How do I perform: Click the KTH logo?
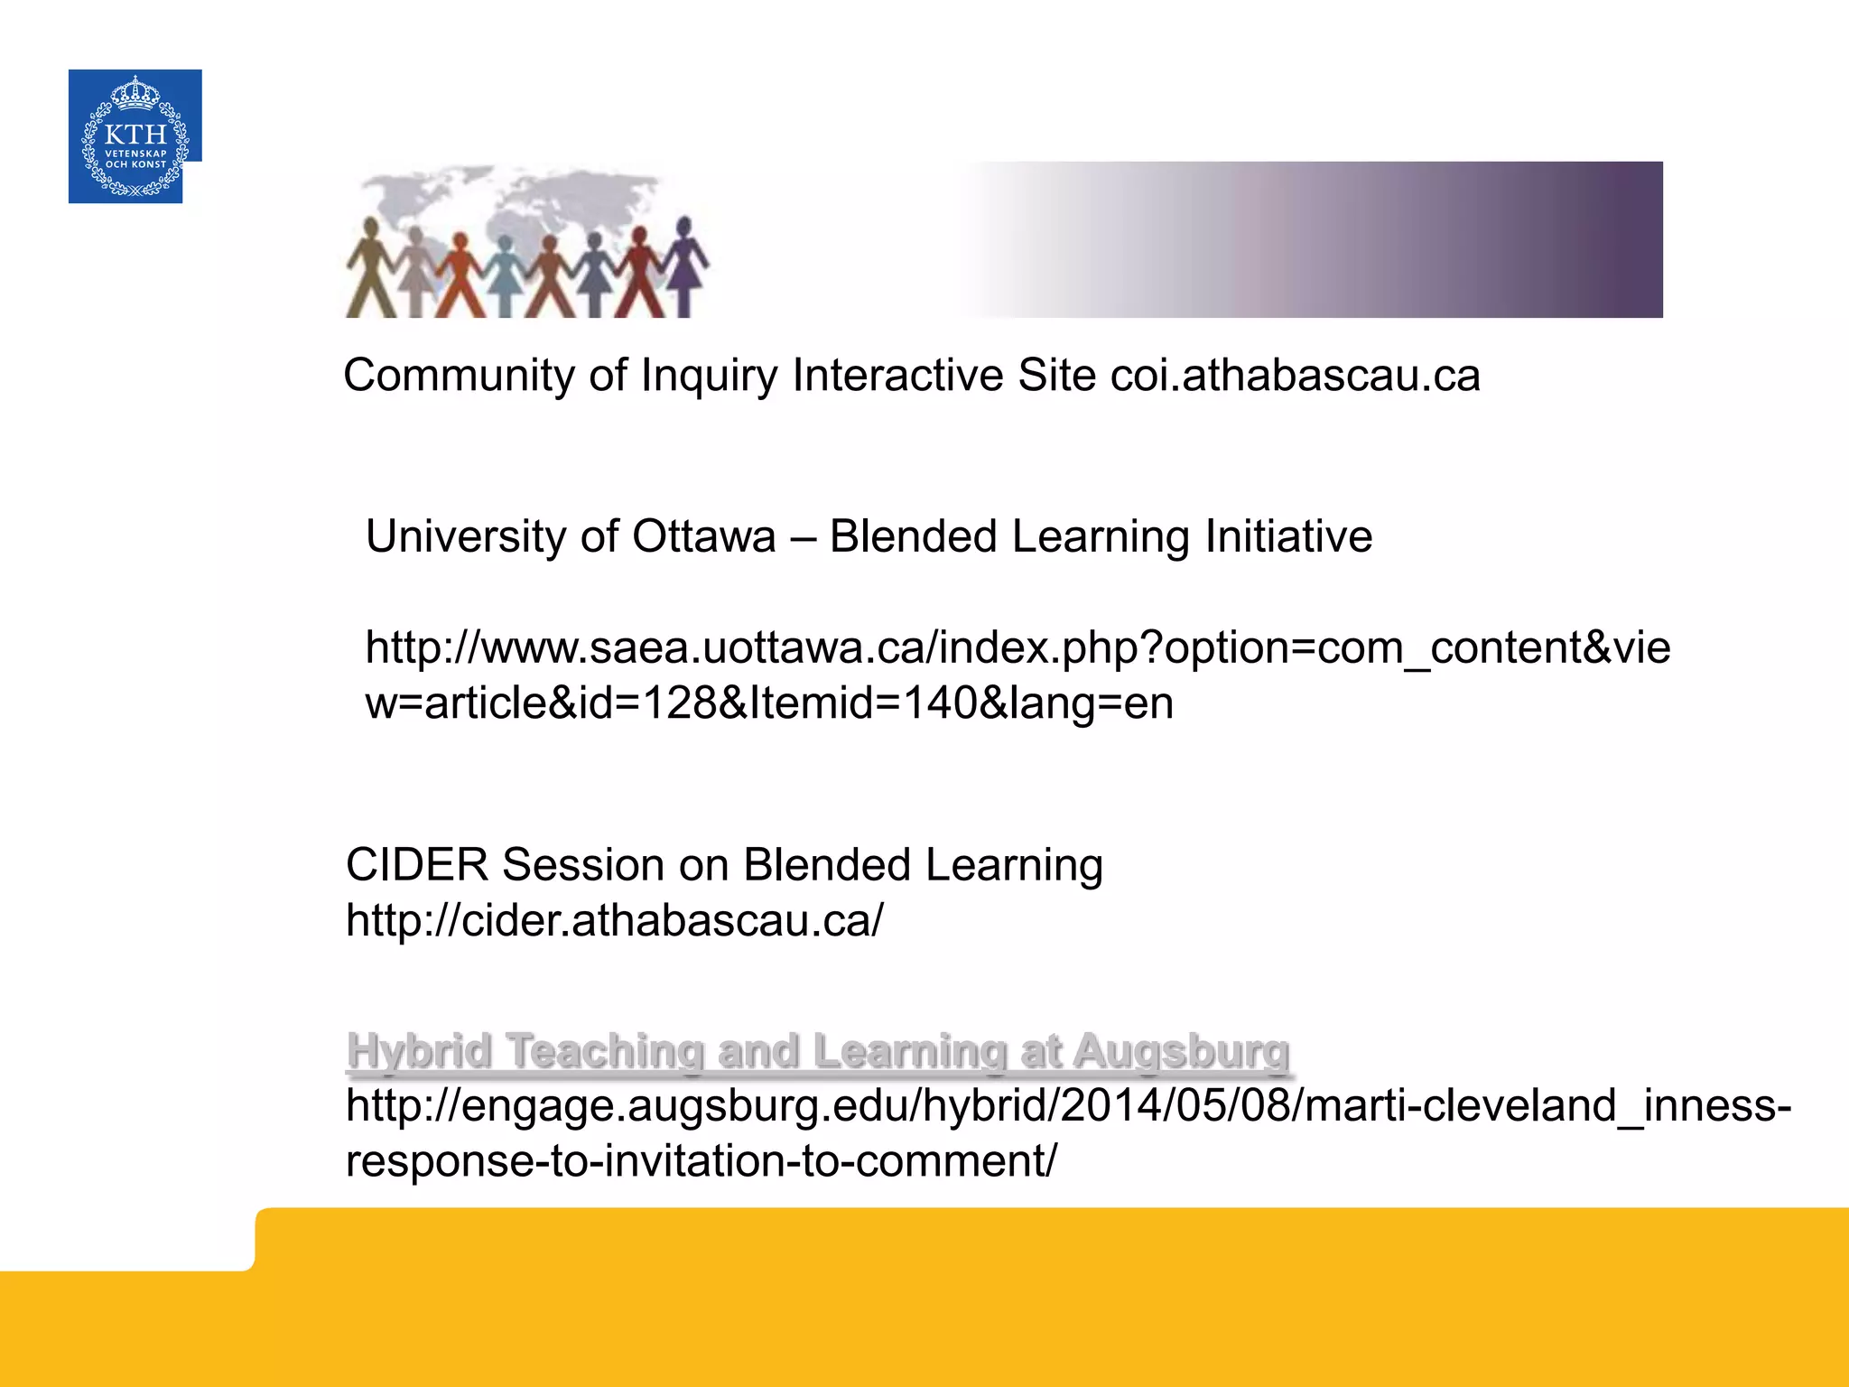point(135,135)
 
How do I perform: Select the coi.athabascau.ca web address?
point(1295,376)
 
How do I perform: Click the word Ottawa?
point(703,537)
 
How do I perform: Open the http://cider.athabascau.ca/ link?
point(614,921)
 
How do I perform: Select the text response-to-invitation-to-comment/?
point(701,1161)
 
